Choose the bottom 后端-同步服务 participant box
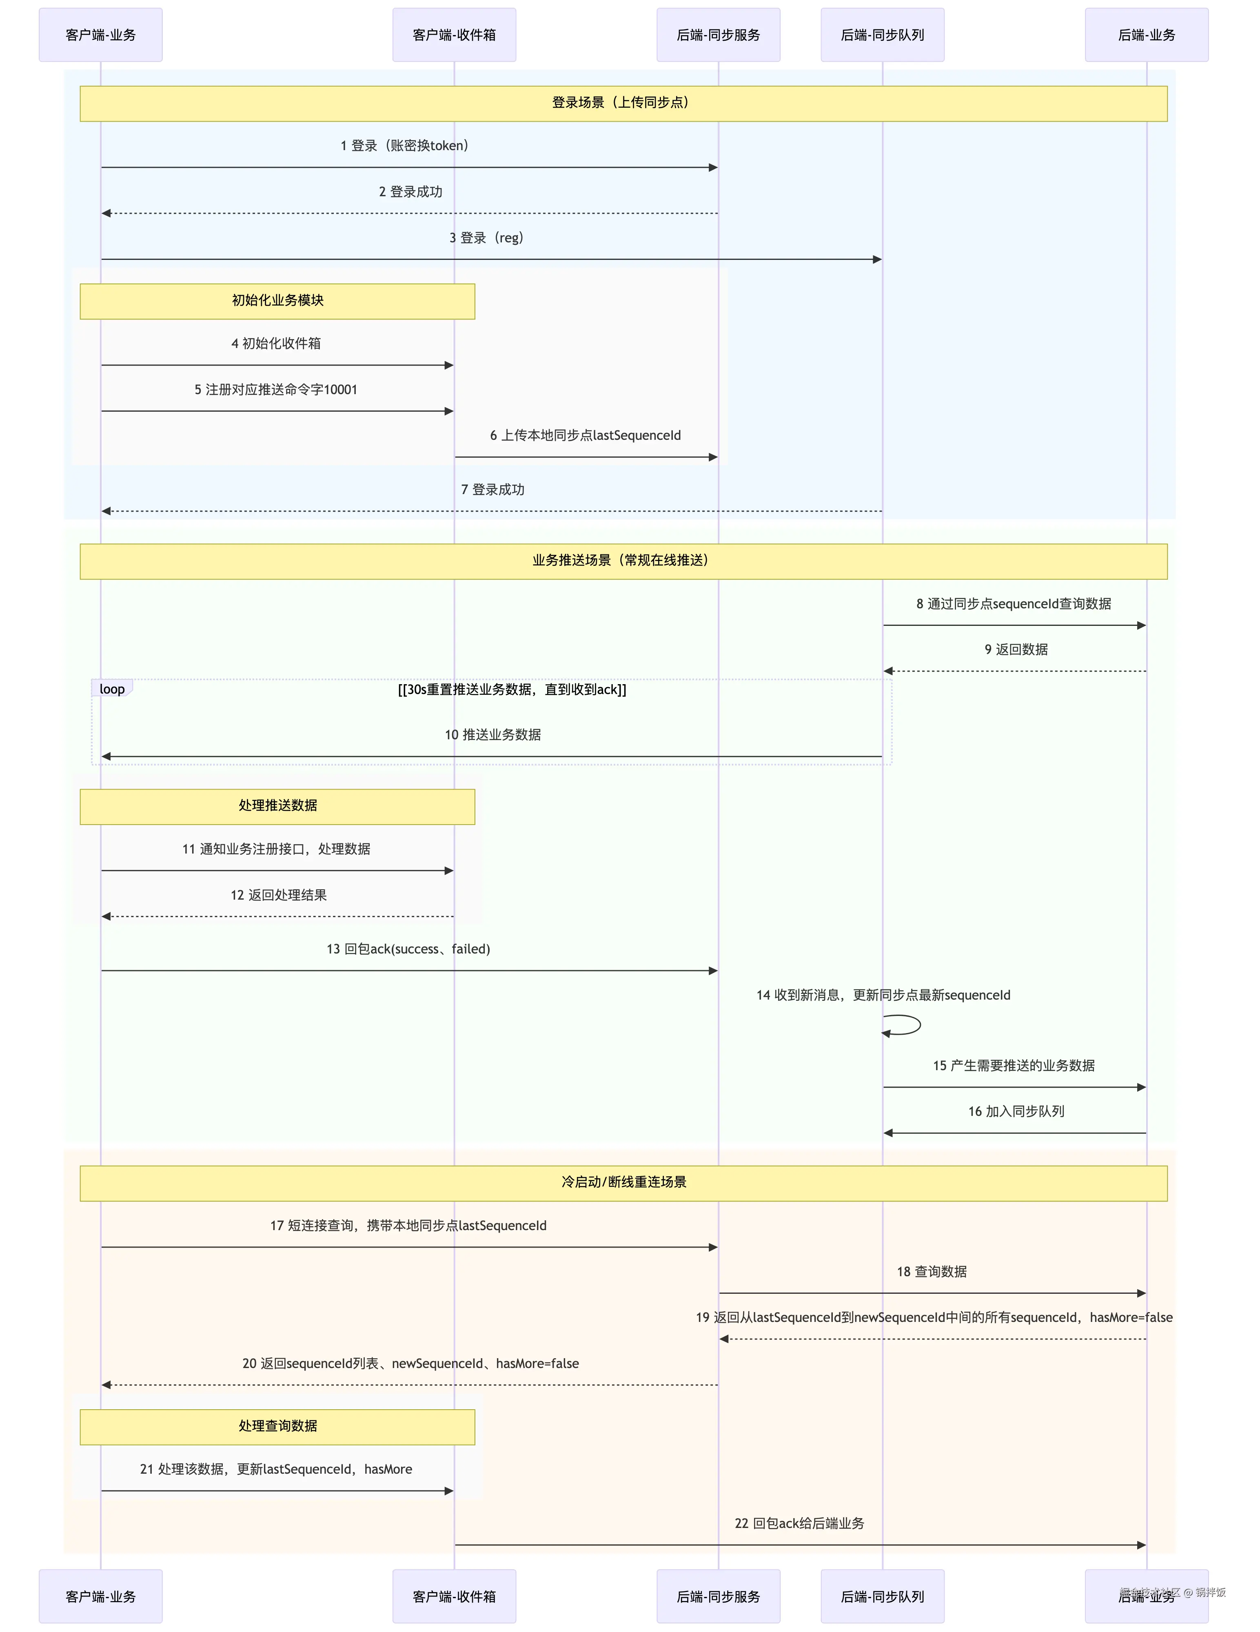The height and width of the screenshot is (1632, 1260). pos(718,1596)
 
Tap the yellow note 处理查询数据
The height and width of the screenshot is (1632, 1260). pos(277,1426)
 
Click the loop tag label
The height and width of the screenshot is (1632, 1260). pos(112,689)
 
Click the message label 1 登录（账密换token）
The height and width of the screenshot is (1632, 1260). pos(404,146)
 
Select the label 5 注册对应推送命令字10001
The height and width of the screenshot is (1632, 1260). pos(276,389)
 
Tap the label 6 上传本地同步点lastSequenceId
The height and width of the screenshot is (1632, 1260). pos(585,436)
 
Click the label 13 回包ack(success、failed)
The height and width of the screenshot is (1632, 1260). pos(408,949)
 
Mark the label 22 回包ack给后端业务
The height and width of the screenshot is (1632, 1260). pos(799,1523)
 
